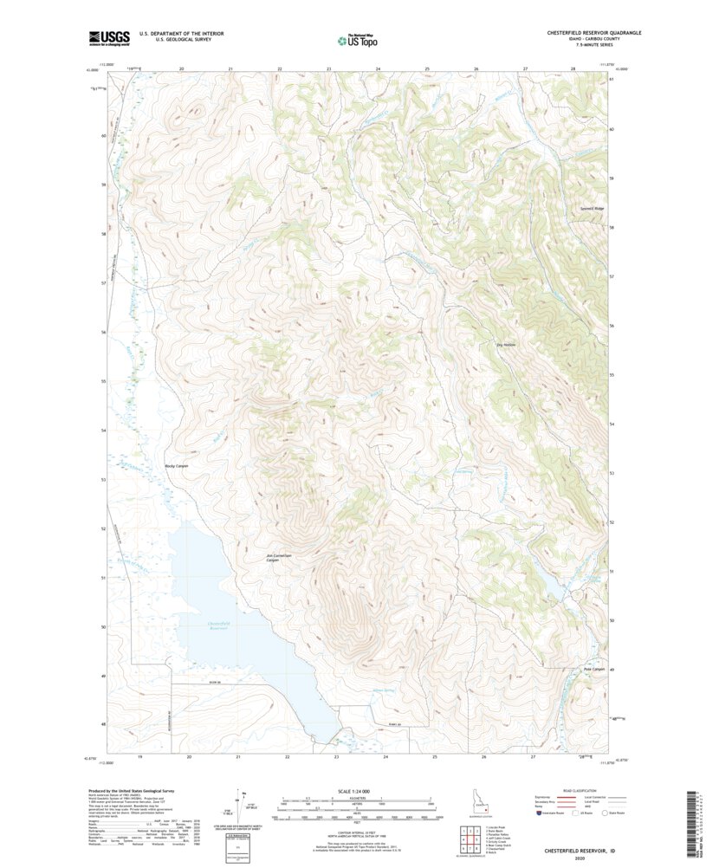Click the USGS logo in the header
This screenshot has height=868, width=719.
point(109,37)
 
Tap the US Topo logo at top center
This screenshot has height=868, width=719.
point(359,39)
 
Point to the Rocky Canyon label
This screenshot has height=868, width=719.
point(177,466)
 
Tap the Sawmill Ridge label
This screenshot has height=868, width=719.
point(593,209)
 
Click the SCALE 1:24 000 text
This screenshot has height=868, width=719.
point(359,791)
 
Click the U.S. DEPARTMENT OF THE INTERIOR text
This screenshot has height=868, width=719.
point(187,33)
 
